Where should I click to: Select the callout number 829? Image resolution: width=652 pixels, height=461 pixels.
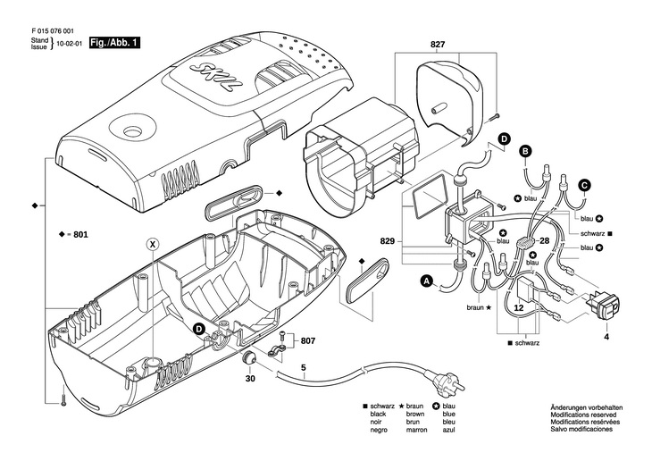pos(388,243)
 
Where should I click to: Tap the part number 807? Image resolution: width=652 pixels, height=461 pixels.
pos(307,340)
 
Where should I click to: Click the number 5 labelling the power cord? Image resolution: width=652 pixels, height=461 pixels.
pos(303,367)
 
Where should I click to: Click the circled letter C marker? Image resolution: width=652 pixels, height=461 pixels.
pos(584,185)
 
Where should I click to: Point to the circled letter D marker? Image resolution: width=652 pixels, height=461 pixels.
pos(504,139)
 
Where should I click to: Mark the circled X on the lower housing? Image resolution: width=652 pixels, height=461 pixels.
pos(153,244)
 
